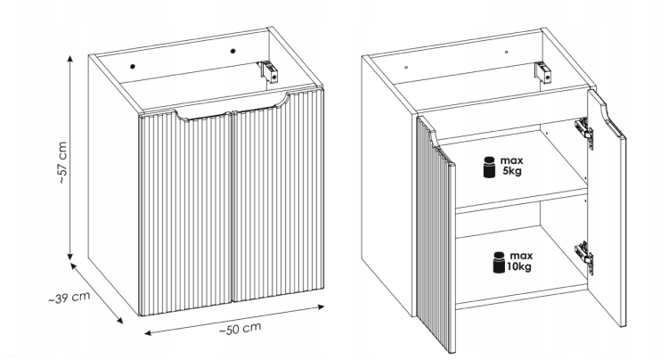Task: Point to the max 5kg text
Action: pos(513,166)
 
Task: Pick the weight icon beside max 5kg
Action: pos(489,168)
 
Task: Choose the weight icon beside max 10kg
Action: pos(496,263)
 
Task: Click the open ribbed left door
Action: pos(436,232)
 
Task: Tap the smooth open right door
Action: pos(610,223)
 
